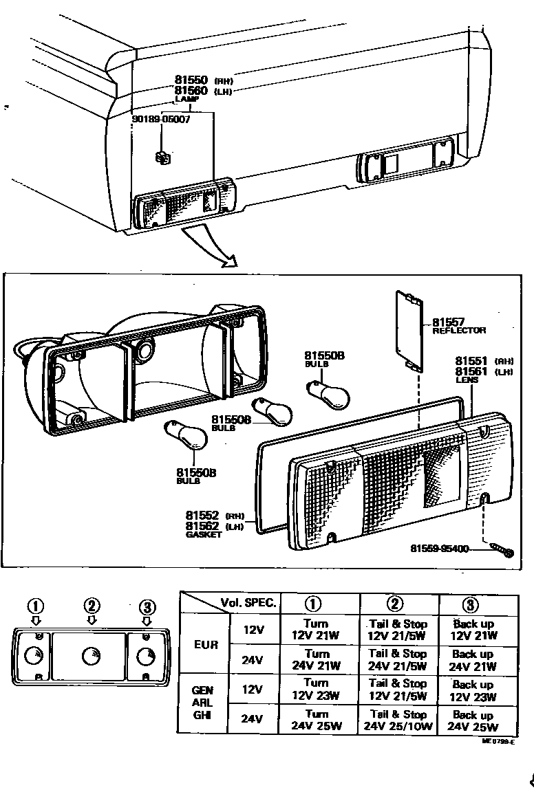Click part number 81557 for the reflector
(x=448, y=321)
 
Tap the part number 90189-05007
(x=161, y=119)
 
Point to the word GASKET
(x=203, y=534)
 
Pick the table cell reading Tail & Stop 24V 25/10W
(x=398, y=719)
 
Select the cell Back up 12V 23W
(x=473, y=690)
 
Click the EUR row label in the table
(x=206, y=645)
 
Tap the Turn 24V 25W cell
(x=317, y=719)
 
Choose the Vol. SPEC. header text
(x=248, y=603)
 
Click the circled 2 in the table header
(x=395, y=604)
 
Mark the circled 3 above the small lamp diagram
(x=146, y=606)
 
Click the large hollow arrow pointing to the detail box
(x=210, y=248)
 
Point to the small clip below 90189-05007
(x=163, y=158)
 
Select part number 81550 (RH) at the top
(x=191, y=80)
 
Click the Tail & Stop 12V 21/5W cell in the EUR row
(x=398, y=629)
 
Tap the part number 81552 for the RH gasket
(x=202, y=515)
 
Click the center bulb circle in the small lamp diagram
(x=90, y=656)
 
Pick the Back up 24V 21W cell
(x=473, y=659)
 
